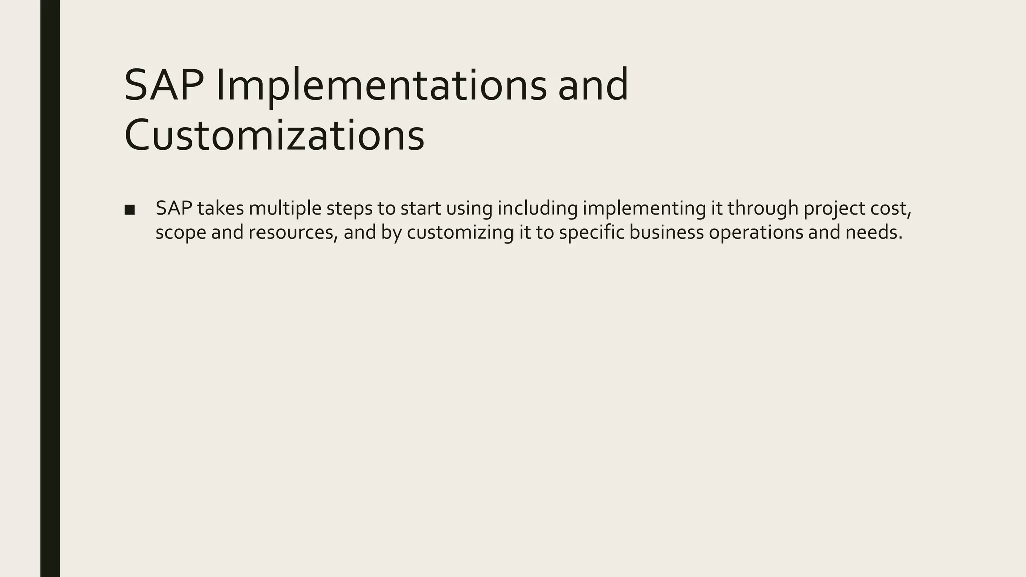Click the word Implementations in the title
click(381, 85)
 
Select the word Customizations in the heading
click(274, 135)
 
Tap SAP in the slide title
click(163, 85)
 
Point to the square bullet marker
click(129, 210)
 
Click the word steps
click(349, 208)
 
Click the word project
click(834, 208)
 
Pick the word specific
click(591, 233)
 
